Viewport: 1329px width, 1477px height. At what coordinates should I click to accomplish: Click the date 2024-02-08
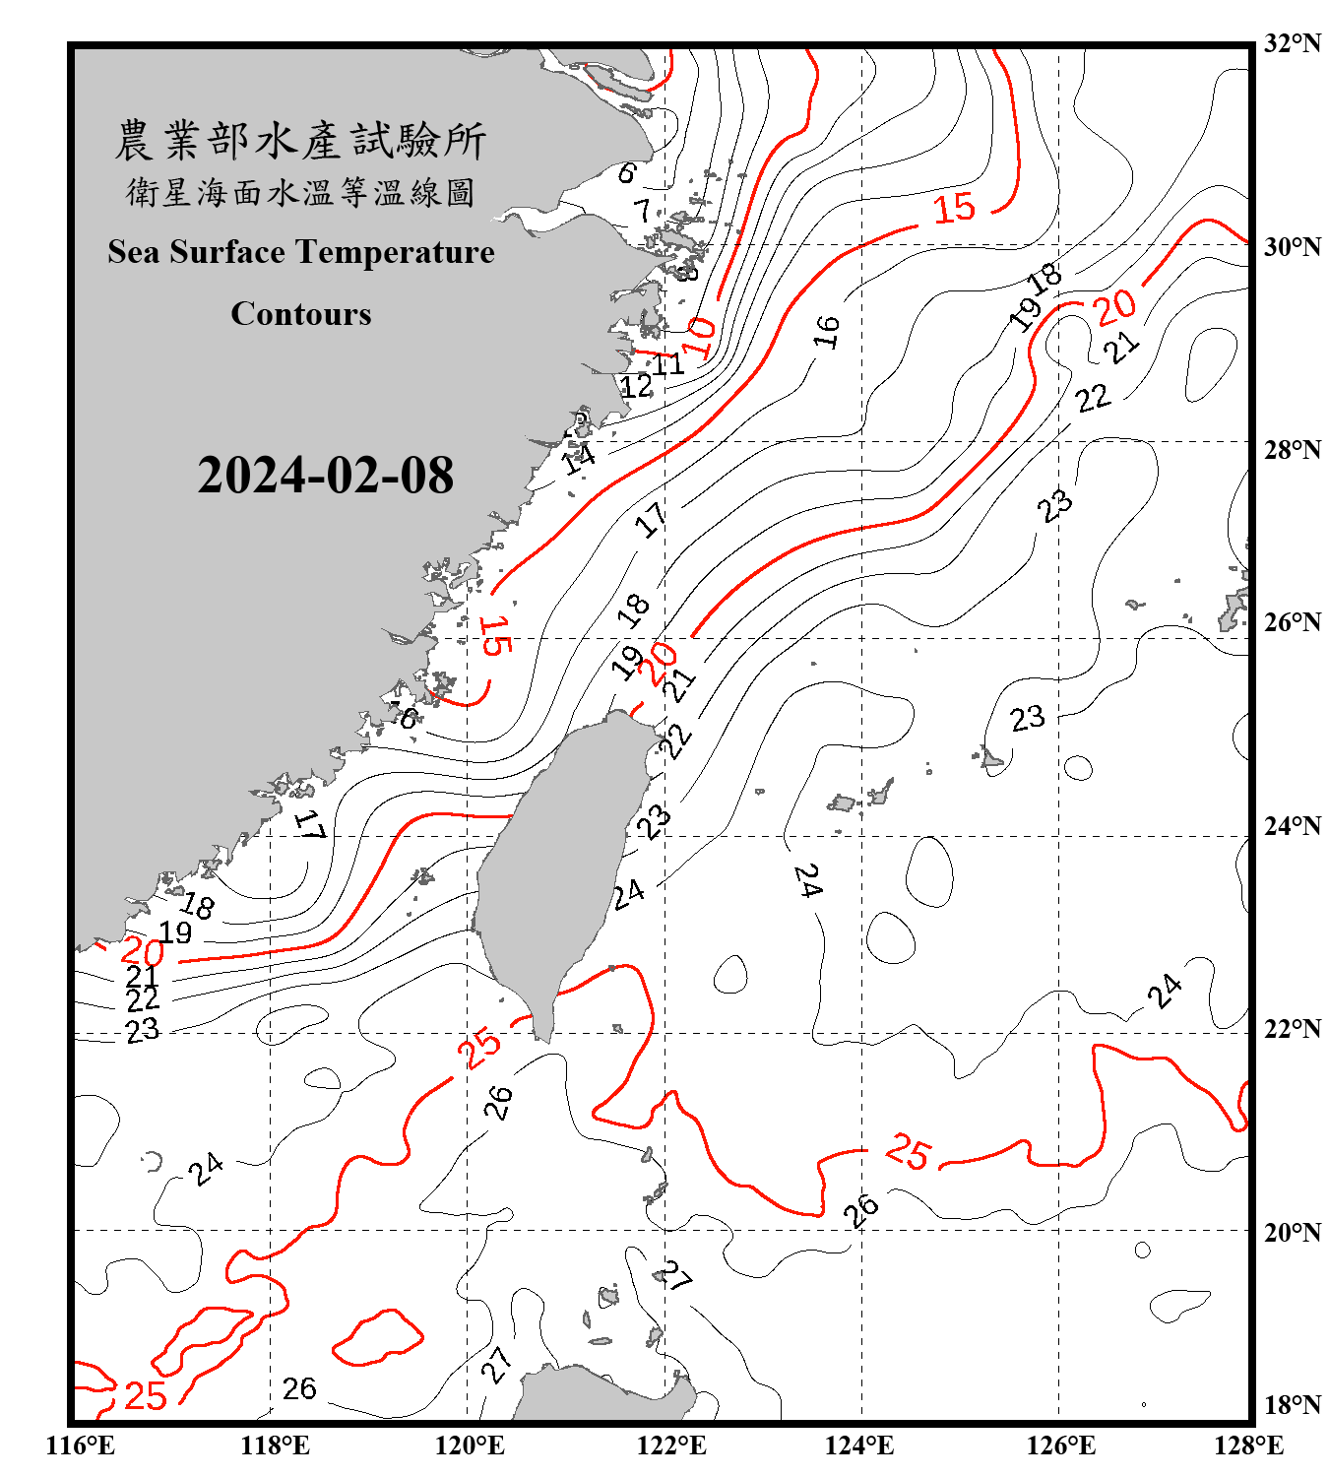(325, 476)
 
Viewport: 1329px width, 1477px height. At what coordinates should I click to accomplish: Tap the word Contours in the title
(301, 313)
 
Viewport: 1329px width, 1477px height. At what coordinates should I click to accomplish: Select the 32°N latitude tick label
(1292, 43)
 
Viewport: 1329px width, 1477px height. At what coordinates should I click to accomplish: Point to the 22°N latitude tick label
(1292, 1029)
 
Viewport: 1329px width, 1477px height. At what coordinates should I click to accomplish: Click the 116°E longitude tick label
(81, 1445)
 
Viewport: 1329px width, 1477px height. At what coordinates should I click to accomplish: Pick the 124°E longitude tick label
(859, 1445)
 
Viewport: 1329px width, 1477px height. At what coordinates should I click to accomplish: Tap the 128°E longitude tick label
(1248, 1445)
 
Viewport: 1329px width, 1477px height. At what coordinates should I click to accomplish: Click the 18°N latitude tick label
(1292, 1405)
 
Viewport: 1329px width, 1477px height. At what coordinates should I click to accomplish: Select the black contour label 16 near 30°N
(827, 332)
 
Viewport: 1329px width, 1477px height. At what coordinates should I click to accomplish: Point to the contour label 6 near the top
(627, 172)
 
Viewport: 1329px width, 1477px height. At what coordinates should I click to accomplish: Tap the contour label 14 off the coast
(579, 457)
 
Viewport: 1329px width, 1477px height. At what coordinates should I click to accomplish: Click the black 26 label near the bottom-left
(299, 1388)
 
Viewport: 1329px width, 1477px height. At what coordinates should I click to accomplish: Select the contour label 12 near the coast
(636, 386)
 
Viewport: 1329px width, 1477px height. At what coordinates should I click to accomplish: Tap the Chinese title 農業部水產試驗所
(300, 141)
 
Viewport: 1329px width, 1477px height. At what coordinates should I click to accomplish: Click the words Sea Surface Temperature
(301, 252)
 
